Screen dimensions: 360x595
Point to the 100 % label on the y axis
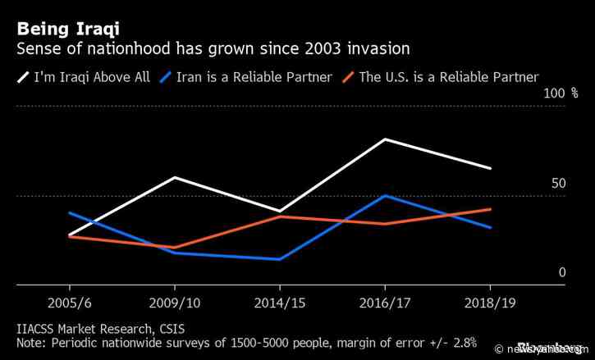[x=562, y=94]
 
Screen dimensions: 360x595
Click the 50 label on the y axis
[x=558, y=183]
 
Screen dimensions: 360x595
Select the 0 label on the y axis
[x=562, y=272]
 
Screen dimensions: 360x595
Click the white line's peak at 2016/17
[x=385, y=139]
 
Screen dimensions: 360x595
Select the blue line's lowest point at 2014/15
[x=280, y=259]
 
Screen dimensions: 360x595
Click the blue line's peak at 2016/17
[x=385, y=196]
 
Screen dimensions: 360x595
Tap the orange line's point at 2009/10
[x=174, y=248]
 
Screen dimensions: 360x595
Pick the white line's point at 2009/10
[x=174, y=177]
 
